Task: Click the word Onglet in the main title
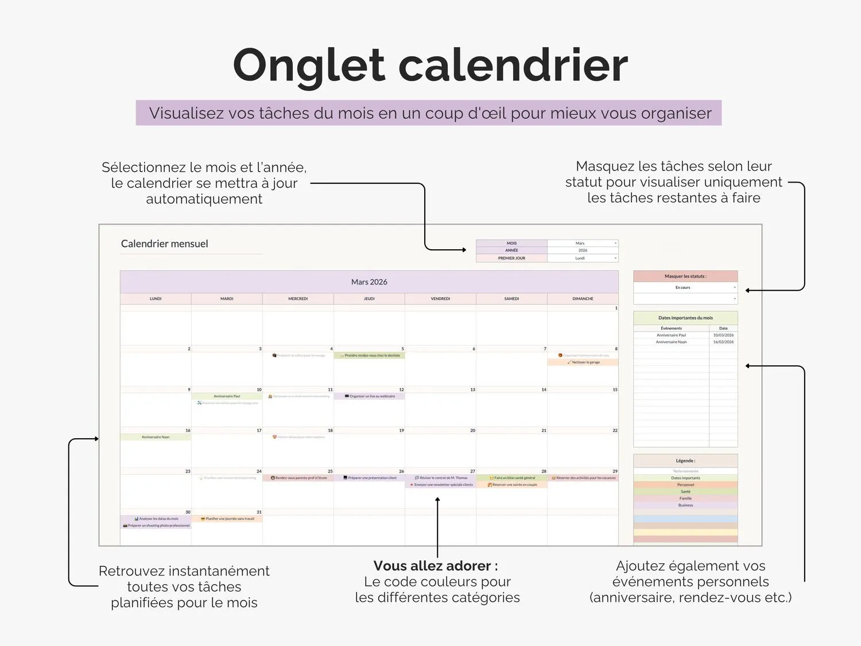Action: [x=308, y=65]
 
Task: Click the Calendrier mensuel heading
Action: [x=164, y=244]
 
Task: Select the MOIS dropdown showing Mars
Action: [x=582, y=243]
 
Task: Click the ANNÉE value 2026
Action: [x=582, y=250]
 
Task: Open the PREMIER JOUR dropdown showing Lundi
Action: [x=582, y=258]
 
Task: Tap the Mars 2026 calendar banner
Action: [x=369, y=282]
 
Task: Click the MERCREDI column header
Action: [x=298, y=299]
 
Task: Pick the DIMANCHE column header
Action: [x=583, y=299]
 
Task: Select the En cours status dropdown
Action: [x=685, y=288]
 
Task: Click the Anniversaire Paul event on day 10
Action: [x=227, y=396]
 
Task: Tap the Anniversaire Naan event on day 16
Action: [x=156, y=437]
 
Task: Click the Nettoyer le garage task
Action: [x=583, y=362]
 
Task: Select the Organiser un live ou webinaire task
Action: [x=370, y=396]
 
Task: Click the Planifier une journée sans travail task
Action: [x=227, y=519]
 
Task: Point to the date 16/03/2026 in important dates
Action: [x=723, y=342]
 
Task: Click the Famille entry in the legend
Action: [x=685, y=498]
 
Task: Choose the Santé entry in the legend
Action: [x=685, y=492]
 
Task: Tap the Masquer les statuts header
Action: [x=685, y=276]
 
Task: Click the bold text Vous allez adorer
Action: [x=435, y=566]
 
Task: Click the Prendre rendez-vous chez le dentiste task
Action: [x=370, y=355]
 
